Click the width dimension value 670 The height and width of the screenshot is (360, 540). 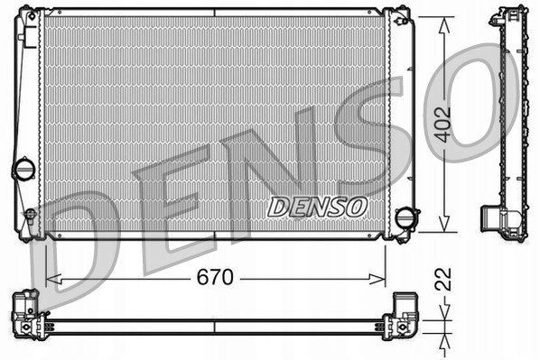(215, 278)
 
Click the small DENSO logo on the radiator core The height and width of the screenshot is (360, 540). (318, 207)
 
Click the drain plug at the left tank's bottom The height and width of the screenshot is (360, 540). (30, 216)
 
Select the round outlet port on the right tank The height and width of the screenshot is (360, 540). (408, 218)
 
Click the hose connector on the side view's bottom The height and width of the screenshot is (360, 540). (491, 221)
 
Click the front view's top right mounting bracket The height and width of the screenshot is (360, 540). (398, 16)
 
